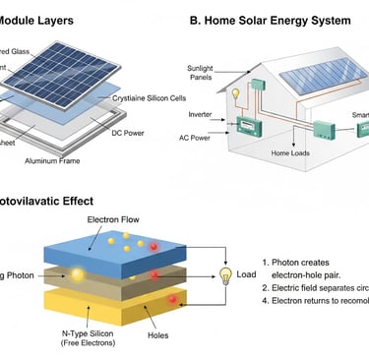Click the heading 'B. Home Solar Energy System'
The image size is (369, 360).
click(x=271, y=21)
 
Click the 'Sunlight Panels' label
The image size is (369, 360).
click(x=202, y=74)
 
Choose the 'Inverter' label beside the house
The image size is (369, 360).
click(x=201, y=114)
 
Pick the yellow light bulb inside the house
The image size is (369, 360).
click(x=236, y=94)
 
